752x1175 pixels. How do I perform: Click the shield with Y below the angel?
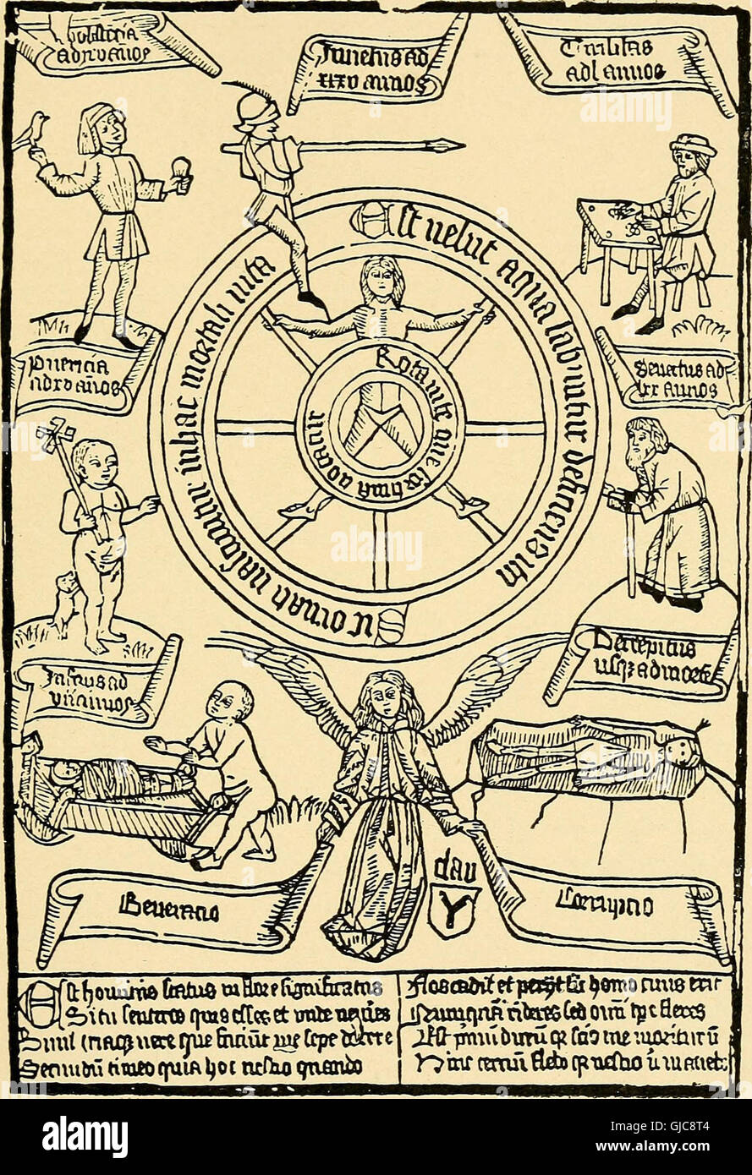pos(456,911)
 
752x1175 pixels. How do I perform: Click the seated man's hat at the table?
pos(692,145)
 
